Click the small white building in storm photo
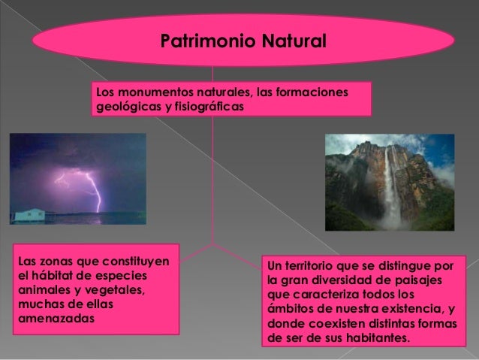coord(28,214)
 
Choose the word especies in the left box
coord(123,274)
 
